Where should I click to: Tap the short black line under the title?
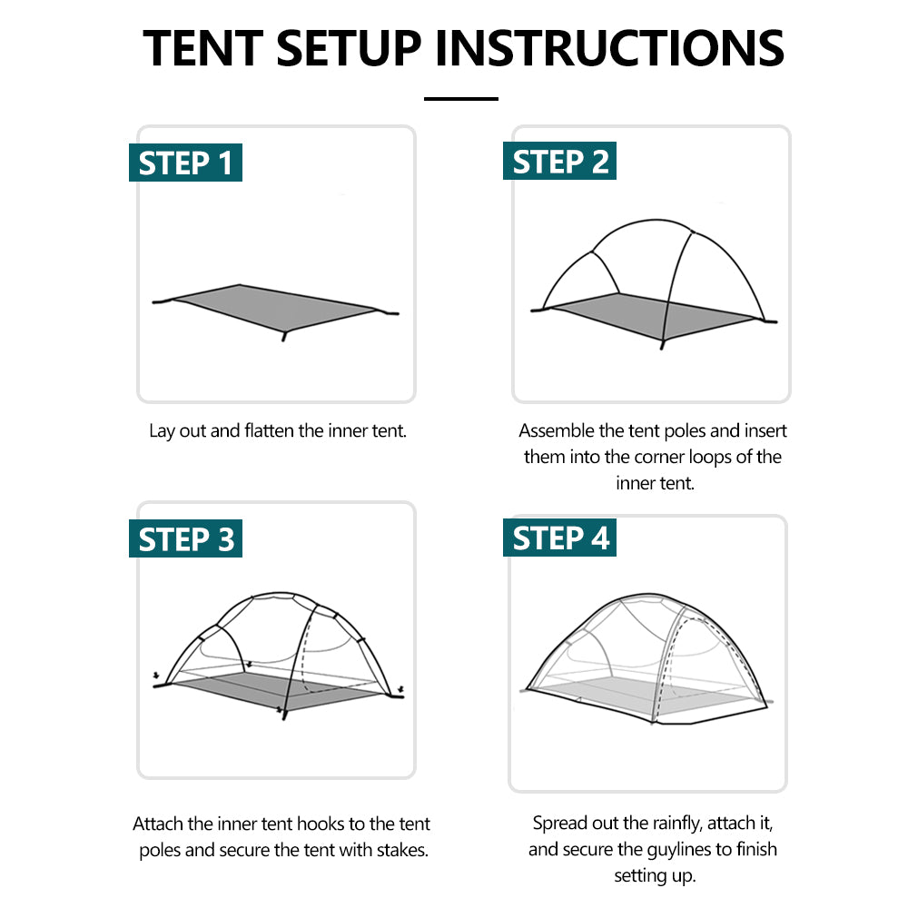click(x=461, y=98)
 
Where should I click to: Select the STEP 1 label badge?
click(x=185, y=163)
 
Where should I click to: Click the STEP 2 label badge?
click(x=559, y=162)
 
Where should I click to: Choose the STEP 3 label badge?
click(x=185, y=539)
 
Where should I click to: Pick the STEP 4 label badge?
click(x=559, y=538)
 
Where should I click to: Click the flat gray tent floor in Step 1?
click(x=272, y=309)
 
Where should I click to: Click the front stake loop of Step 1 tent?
click(x=284, y=336)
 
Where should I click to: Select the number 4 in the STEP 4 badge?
click(x=599, y=538)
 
